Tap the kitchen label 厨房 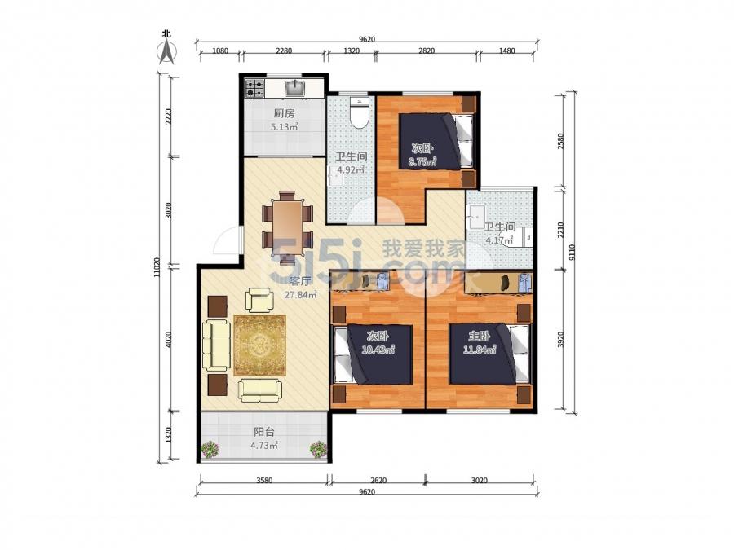pos(284,113)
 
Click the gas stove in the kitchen pos(255,88)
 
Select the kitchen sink pos(295,88)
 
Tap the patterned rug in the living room pos(260,345)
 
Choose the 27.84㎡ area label pos(300,295)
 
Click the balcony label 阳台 pos(264,432)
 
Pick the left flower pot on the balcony pos(210,449)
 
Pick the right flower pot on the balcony pos(318,449)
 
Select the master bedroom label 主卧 pos(479,337)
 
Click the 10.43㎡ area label pos(378,349)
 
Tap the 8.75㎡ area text pos(422,162)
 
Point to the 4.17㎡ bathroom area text pos(499,240)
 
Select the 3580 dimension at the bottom pos(264,480)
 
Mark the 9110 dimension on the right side pos(572,254)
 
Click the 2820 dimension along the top pos(426,51)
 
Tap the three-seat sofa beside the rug pos(216,346)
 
